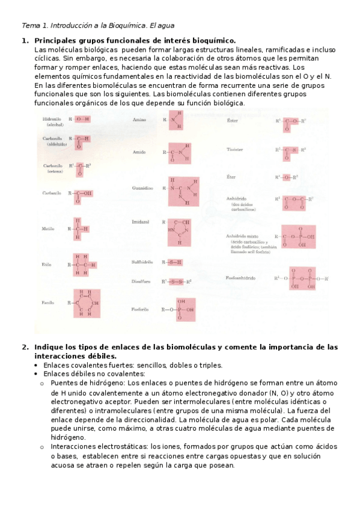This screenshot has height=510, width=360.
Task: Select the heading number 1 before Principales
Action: tap(25, 40)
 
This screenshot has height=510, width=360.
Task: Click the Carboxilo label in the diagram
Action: tap(52, 193)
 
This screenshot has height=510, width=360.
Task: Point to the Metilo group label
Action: tap(49, 229)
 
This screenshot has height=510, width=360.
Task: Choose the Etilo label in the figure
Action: tap(47, 265)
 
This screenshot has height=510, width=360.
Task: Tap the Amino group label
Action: tap(139, 120)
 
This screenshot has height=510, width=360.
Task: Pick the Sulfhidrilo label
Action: tap(142, 262)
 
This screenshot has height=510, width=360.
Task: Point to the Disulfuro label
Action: tap(141, 281)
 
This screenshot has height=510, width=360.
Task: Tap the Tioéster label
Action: tap(235, 149)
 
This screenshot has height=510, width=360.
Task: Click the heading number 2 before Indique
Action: tap(25, 348)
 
